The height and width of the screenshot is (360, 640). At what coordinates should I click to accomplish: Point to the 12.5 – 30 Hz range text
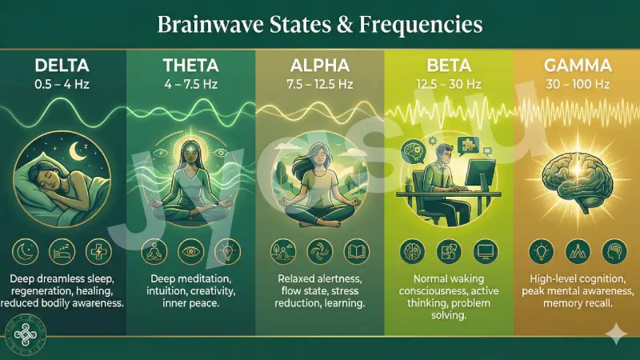pos(448,82)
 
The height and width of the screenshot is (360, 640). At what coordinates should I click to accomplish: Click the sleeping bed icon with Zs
pos(63,250)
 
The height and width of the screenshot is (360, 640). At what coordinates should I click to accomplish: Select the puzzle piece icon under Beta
pos(448,250)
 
